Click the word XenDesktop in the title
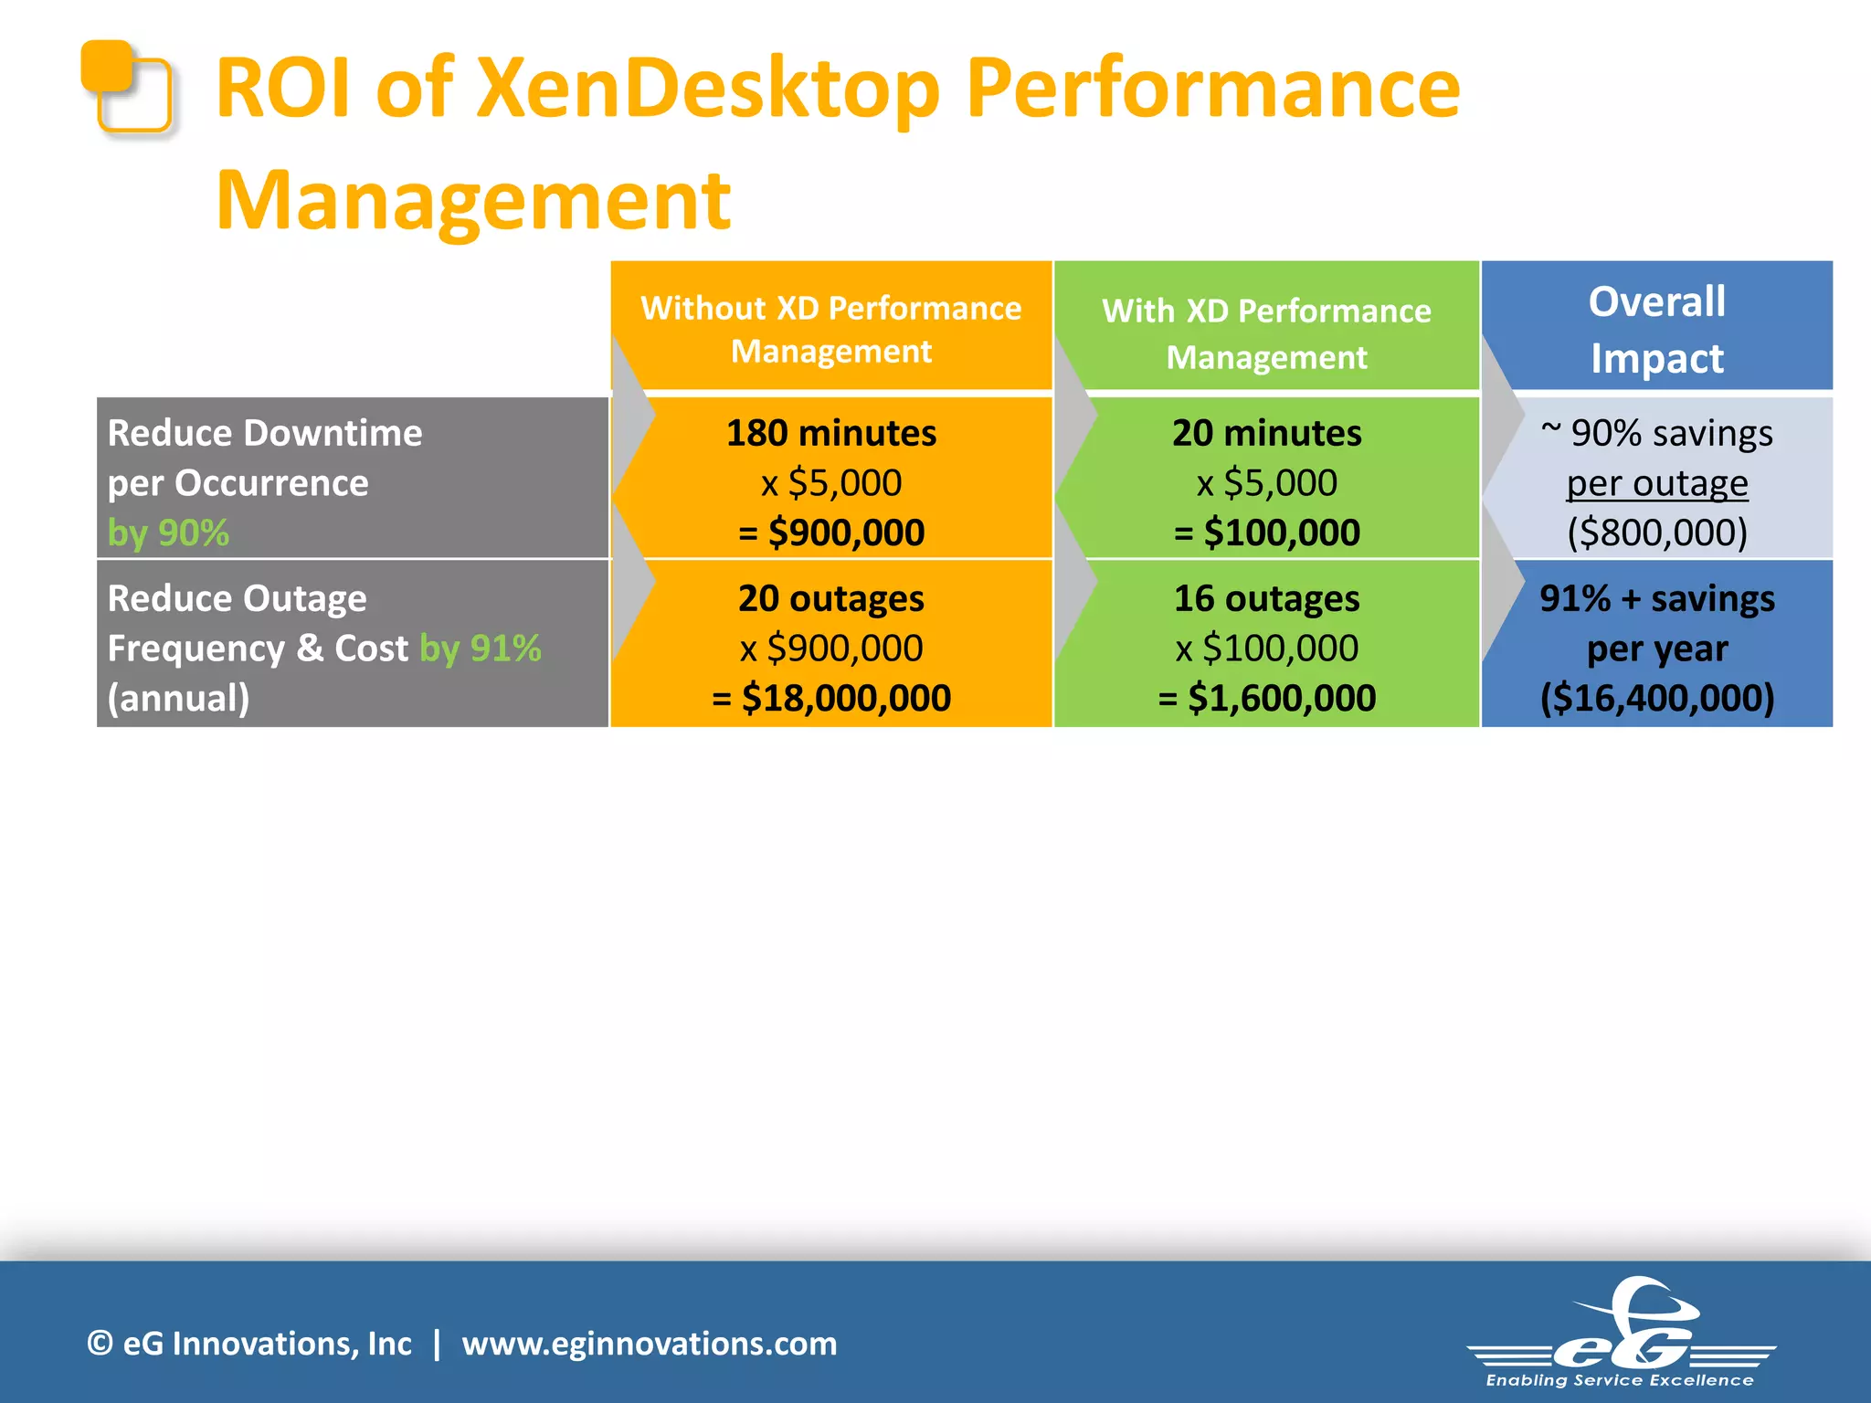pos(708,90)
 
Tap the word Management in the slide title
pos(473,201)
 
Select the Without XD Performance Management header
pos(830,329)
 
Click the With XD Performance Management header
pos(1266,333)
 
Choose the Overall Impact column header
pos(1656,329)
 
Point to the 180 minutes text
pos(830,433)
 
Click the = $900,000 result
pos(830,533)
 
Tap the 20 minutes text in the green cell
pos(1266,433)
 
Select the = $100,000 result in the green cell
pos(1266,533)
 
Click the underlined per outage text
pos(1656,483)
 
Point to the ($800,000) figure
pos(1656,533)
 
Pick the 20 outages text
pos(830,599)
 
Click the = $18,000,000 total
pos(830,699)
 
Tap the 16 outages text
pos(1266,599)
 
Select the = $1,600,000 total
pos(1266,699)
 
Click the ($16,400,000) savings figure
pos(1656,699)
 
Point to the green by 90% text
pos(168,533)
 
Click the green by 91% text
pos(481,649)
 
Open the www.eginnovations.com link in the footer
pos(649,1344)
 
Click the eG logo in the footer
pos(1622,1334)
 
